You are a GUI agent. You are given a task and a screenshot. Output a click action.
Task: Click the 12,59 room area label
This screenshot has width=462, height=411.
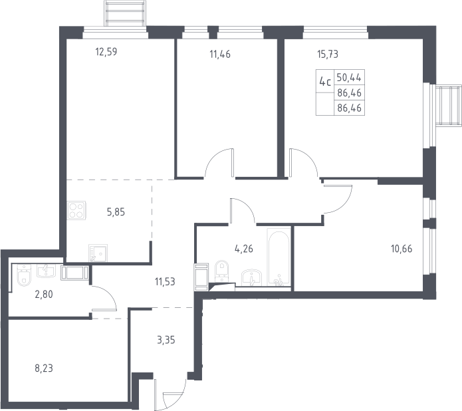point(106,52)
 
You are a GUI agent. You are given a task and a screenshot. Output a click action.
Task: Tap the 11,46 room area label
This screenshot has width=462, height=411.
point(220,55)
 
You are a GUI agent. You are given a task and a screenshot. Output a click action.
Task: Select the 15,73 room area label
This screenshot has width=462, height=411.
point(328,55)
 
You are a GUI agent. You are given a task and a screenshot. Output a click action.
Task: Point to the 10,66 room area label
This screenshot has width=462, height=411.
point(402,249)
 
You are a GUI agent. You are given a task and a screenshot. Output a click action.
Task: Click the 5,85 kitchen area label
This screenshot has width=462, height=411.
point(116,212)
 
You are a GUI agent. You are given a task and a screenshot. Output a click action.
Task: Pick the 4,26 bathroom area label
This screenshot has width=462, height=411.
point(244,249)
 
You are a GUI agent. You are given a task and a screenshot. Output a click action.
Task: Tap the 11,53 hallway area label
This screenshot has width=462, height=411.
point(165,282)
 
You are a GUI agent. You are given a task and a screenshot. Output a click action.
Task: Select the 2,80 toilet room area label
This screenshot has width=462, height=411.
point(44,294)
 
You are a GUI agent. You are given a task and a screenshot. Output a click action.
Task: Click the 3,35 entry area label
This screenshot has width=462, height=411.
point(166,340)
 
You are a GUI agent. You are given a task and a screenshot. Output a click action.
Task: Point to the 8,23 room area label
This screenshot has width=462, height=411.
point(44,368)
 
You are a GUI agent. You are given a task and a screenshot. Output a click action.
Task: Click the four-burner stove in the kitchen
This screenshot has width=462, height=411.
point(76,210)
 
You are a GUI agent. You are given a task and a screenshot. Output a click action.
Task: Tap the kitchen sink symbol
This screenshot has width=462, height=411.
point(98,253)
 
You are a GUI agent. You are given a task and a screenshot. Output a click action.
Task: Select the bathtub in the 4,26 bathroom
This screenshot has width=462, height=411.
point(279,257)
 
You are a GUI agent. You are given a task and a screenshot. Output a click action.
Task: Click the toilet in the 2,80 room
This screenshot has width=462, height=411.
point(24,275)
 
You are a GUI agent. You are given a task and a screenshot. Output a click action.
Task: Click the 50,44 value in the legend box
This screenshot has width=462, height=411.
point(349,78)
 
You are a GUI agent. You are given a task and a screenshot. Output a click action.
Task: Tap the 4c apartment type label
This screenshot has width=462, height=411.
point(324,81)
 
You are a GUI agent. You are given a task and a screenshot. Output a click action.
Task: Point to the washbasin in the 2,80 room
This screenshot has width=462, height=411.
point(46,271)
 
